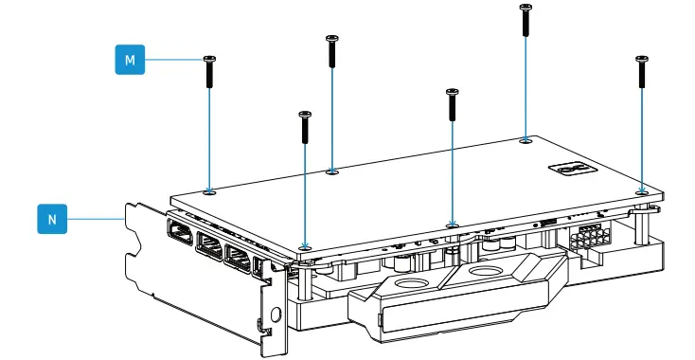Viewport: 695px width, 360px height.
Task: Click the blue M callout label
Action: click(130, 61)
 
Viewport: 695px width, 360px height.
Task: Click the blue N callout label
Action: click(51, 219)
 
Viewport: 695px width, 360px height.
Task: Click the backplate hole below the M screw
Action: click(209, 190)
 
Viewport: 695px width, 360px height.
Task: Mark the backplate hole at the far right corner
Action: click(642, 189)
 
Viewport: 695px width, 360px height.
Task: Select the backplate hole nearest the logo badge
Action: click(526, 140)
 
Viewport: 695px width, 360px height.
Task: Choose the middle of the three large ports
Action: click(208, 249)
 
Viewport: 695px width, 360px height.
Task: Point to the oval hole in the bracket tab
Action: click(276, 315)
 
